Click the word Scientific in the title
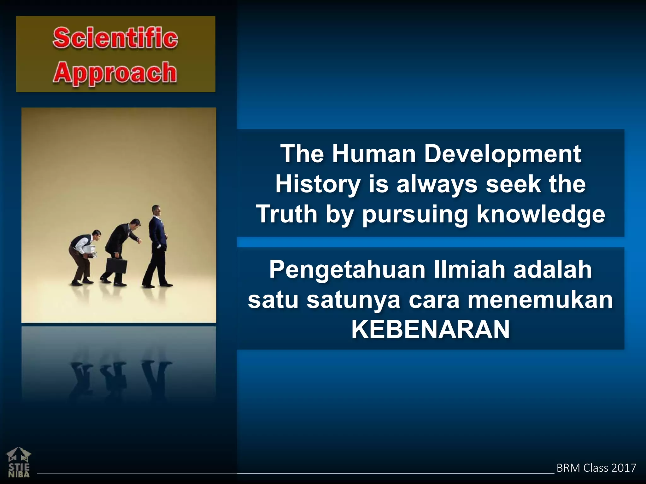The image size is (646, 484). click(115, 38)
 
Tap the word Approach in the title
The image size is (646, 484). click(115, 73)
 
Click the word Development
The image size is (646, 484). click(502, 154)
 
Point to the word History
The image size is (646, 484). click(318, 185)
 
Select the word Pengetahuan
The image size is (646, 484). click(347, 270)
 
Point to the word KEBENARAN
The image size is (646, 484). click(430, 330)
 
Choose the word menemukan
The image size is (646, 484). click(540, 300)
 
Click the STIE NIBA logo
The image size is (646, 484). click(18, 462)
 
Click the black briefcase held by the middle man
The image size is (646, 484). click(116, 266)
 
